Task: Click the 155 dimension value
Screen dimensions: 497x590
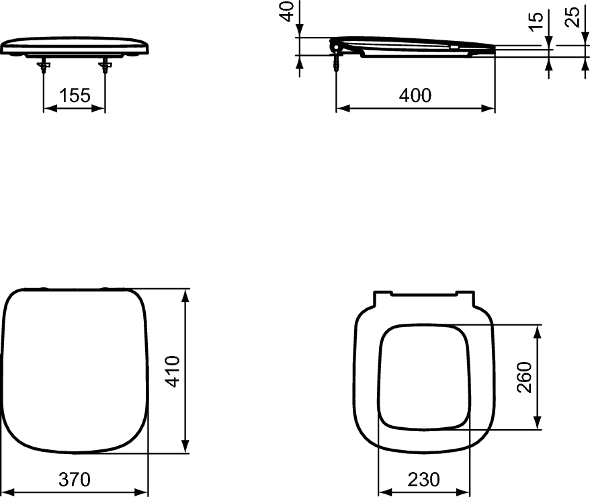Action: click(x=74, y=95)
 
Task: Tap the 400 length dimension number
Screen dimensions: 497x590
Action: click(x=415, y=95)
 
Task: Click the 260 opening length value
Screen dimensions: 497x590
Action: click(x=524, y=377)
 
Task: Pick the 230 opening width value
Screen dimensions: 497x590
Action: click(x=423, y=480)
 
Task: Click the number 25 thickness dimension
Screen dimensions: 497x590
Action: click(x=573, y=16)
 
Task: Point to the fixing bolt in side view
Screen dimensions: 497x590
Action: click(x=335, y=61)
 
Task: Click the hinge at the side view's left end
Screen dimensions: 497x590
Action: click(x=335, y=45)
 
